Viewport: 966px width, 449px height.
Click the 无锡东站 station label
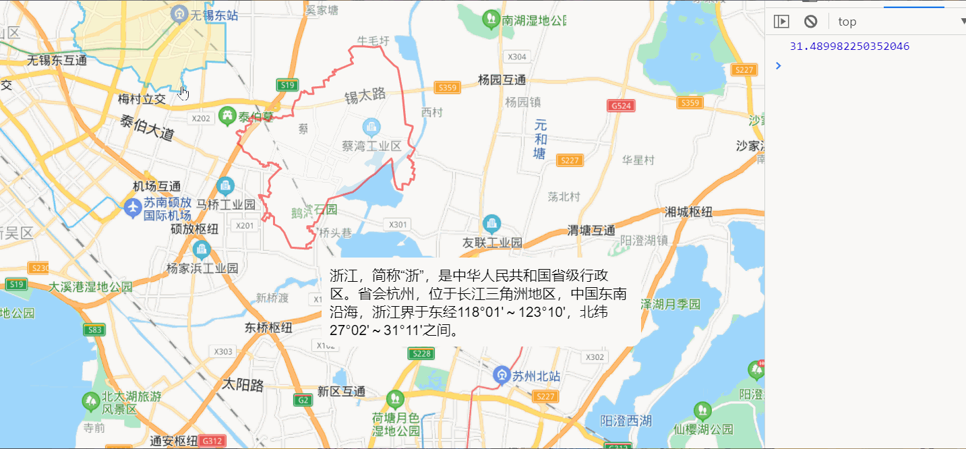point(214,14)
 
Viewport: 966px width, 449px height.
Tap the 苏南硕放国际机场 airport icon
point(133,208)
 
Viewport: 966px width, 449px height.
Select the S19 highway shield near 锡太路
point(288,85)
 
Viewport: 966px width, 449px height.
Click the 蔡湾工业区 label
point(371,146)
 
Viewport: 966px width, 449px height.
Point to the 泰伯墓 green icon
point(227,117)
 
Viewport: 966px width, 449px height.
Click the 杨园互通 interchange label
point(502,80)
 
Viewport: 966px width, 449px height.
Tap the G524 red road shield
point(621,106)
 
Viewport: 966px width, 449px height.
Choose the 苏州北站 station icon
point(501,375)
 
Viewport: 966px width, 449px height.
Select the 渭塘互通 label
point(591,230)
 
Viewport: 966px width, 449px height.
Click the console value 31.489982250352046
point(849,47)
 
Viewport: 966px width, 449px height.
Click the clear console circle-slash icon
point(811,22)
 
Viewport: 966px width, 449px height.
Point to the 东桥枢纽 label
point(268,328)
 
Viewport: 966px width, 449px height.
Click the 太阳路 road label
point(243,385)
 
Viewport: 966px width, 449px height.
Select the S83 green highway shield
point(94,330)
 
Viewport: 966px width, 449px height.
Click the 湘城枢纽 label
point(688,212)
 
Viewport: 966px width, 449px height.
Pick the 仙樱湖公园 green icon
point(702,411)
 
